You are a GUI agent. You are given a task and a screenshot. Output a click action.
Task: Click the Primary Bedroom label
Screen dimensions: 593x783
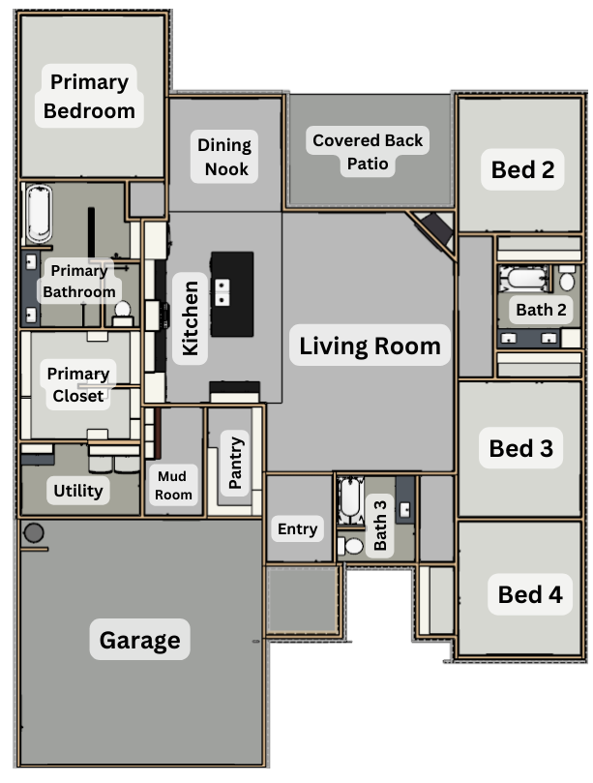tap(89, 96)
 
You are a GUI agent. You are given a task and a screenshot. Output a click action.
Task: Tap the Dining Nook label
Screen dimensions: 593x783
tap(224, 157)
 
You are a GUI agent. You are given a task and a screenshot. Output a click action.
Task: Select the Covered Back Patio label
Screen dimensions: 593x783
tap(368, 152)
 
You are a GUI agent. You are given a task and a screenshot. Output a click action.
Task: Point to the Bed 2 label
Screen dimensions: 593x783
tap(522, 169)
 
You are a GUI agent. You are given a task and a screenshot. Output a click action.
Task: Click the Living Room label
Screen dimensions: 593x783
tap(370, 346)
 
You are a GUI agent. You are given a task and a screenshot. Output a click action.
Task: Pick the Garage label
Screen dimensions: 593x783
tap(139, 640)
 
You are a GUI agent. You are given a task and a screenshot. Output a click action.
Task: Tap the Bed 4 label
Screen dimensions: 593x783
tap(530, 594)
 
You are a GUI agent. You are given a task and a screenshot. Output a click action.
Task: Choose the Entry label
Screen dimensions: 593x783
tap(298, 528)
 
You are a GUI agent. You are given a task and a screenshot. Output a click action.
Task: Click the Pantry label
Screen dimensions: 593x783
tap(235, 463)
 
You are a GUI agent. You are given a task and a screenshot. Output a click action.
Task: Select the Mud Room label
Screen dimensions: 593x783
tap(173, 485)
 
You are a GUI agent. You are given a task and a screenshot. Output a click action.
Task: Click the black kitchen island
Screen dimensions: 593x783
tap(232, 294)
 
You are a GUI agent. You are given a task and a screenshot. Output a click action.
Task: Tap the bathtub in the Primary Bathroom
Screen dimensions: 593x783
tap(39, 214)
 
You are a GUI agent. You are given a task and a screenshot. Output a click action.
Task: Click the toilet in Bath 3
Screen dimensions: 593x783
tap(351, 546)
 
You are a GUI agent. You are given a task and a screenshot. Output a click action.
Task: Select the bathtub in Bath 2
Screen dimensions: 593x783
tap(524, 278)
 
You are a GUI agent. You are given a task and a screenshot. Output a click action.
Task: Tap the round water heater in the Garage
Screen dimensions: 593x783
tap(34, 533)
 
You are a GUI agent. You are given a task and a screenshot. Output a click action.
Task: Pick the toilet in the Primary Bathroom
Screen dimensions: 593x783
tap(122, 313)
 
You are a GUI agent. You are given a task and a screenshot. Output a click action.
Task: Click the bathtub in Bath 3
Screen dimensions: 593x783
tap(349, 499)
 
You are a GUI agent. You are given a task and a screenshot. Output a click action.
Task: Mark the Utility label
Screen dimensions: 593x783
tap(77, 491)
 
